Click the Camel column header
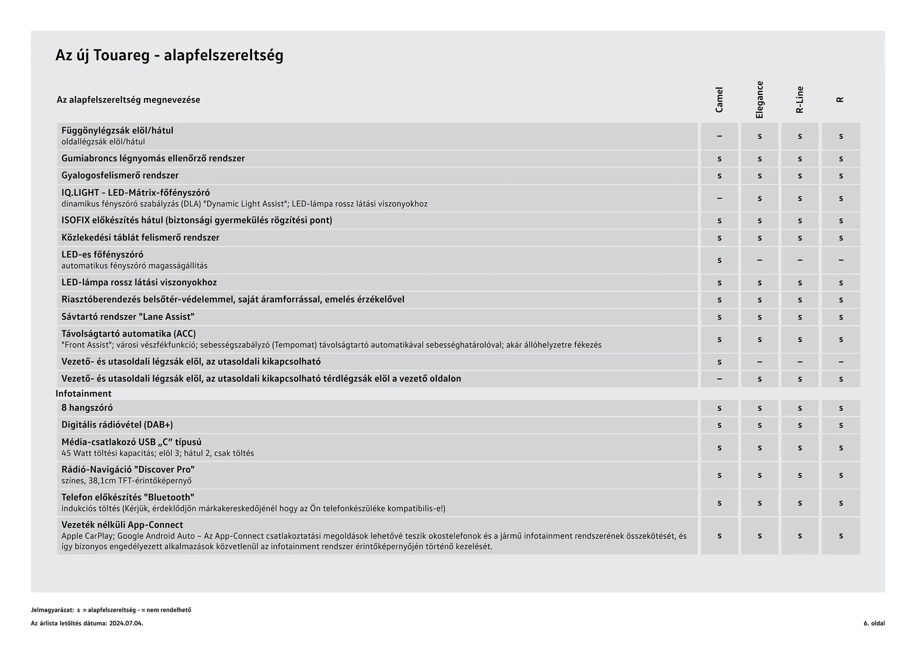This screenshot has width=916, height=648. click(x=719, y=100)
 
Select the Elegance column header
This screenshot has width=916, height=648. click(x=760, y=100)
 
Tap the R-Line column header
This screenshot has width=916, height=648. click(x=800, y=100)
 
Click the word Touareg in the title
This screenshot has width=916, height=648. click(x=121, y=55)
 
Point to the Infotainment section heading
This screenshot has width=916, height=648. click(x=83, y=394)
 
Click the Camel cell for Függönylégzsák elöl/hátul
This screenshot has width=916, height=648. click(x=719, y=136)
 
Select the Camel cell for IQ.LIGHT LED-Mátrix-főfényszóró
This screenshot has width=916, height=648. click(x=719, y=199)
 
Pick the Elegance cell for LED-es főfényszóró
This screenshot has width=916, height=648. click(x=760, y=261)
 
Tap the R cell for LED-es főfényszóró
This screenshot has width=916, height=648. click(x=841, y=261)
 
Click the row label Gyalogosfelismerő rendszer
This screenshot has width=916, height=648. click(x=120, y=176)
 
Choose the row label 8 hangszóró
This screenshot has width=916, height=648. click(x=87, y=408)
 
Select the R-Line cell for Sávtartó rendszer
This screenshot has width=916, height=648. click(x=800, y=317)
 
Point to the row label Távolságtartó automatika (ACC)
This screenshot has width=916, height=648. click(x=128, y=334)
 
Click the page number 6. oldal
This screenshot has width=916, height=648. click(x=874, y=623)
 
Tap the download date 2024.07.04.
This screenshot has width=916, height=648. click(x=126, y=623)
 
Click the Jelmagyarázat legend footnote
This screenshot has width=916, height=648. click(x=111, y=610)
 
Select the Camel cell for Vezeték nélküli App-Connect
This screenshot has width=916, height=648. click(x=719, y=536)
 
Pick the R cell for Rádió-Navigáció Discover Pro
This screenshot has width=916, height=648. click(x=841, y=476)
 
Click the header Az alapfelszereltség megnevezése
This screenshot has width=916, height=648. click(x=128, y=100)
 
